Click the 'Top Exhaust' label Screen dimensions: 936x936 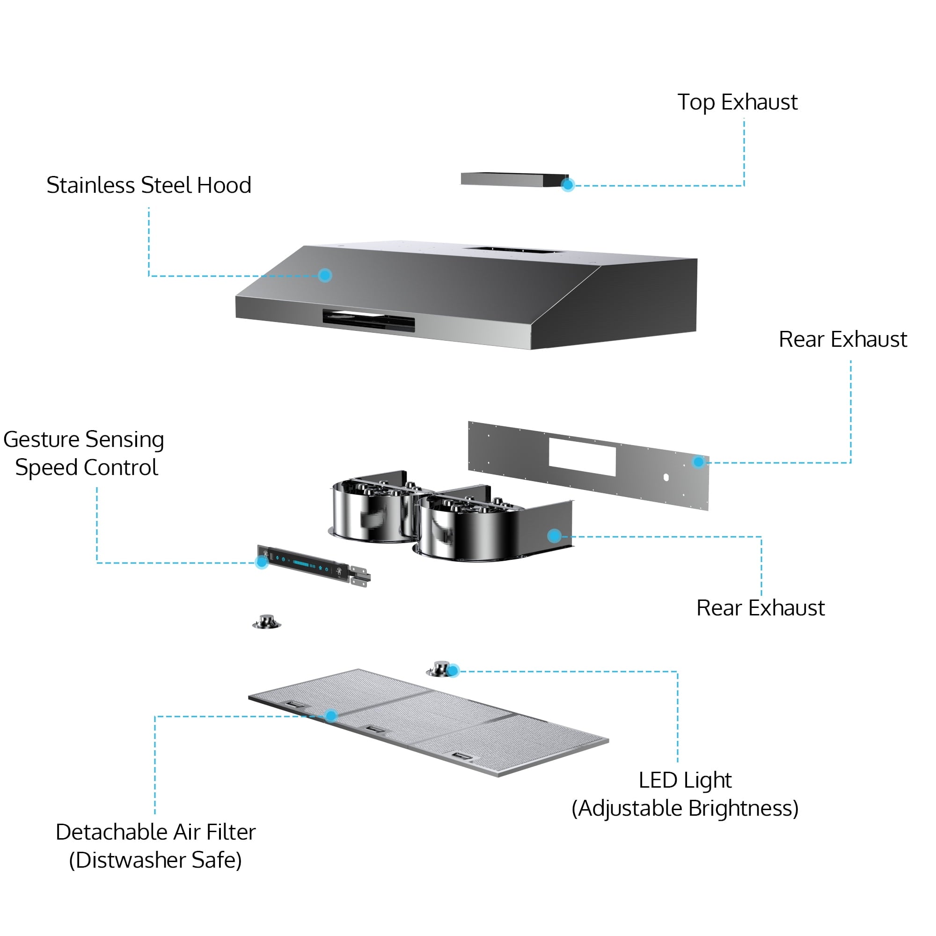(737, 102)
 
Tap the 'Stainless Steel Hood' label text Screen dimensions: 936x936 (149, 185)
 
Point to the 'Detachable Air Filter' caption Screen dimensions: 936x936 (155, 832)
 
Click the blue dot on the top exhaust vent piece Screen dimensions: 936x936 (568, 184)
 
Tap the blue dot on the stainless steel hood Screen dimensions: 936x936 (325, 275)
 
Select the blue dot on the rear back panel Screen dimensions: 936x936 (698, 462)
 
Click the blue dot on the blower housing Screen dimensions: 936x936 (554, 535)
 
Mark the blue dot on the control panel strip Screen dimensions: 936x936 (262, 562)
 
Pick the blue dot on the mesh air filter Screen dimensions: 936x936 (331, 716)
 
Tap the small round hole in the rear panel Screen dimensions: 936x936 (666, 477)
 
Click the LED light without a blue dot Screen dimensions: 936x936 (266, 622)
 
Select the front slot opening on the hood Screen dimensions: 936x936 (369, 320)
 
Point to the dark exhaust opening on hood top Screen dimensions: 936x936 (512, 250)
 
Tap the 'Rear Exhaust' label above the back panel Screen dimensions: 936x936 (842, 340)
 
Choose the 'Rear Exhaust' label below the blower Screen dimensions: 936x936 (760, 608)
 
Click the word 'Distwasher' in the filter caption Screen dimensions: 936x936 (131, 861)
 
